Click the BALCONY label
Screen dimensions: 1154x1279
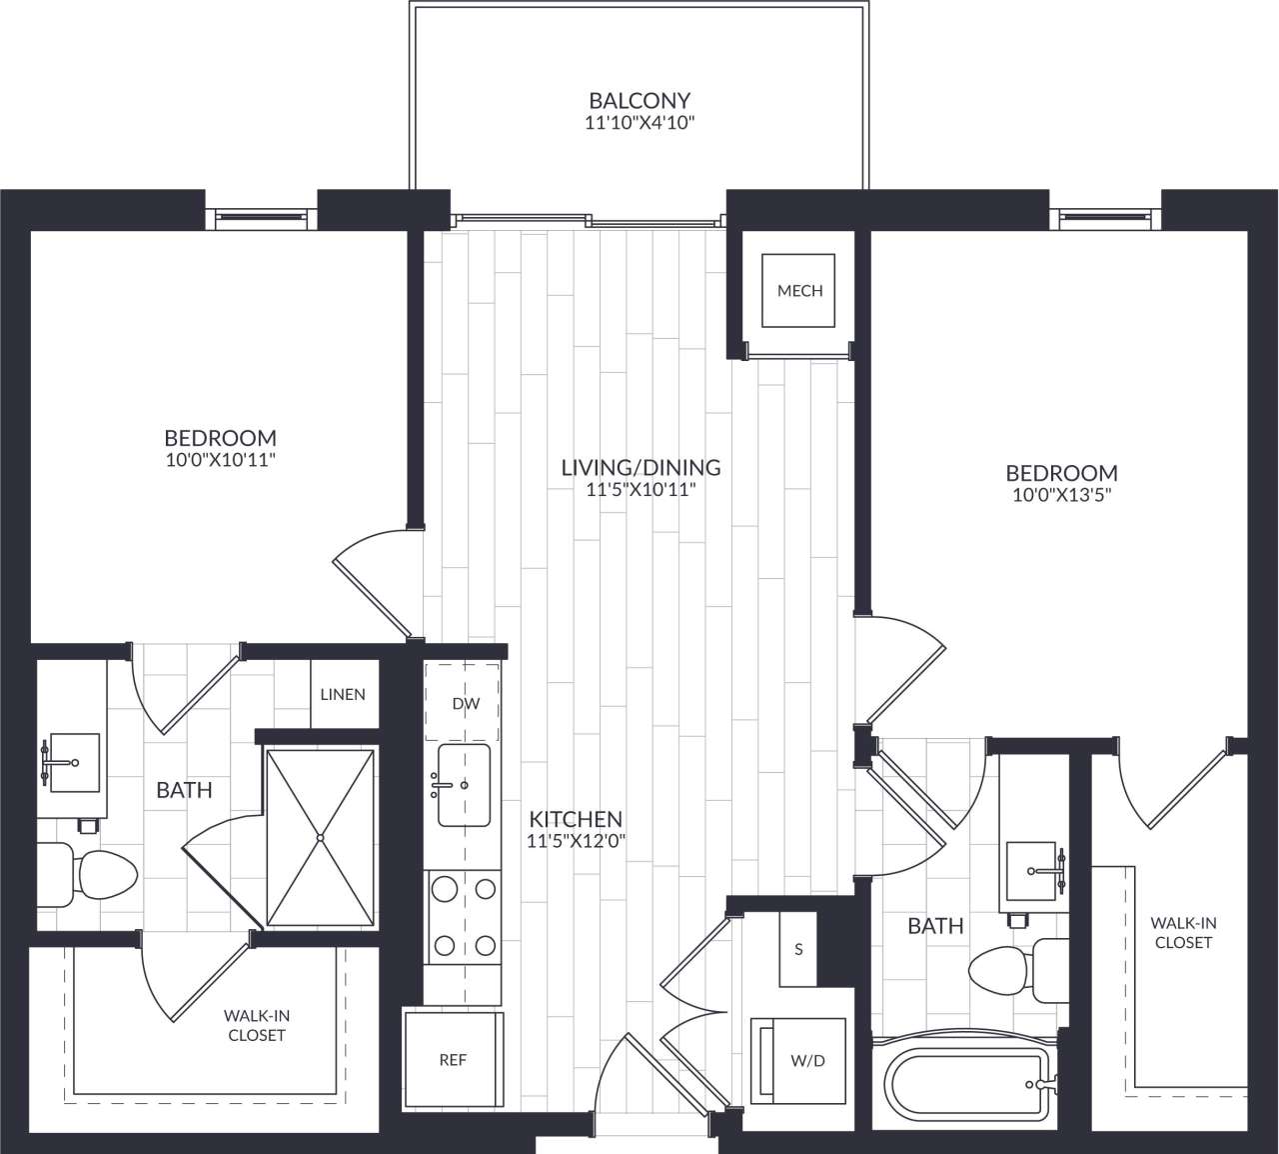639,100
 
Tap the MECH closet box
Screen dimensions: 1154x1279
799,291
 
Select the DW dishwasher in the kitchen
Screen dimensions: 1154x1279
465,703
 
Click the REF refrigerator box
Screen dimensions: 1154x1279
453,1059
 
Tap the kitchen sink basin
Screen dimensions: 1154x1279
465,785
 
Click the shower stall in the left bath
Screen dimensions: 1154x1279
320,836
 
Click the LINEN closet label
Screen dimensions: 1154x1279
343,694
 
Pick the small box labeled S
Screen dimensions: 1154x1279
798,949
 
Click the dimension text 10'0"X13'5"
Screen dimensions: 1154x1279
1061,494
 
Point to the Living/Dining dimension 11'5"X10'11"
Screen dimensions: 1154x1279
640,490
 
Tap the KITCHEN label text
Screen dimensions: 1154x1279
576,818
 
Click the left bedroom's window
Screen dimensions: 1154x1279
261,215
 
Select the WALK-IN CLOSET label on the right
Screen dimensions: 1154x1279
1182,933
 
